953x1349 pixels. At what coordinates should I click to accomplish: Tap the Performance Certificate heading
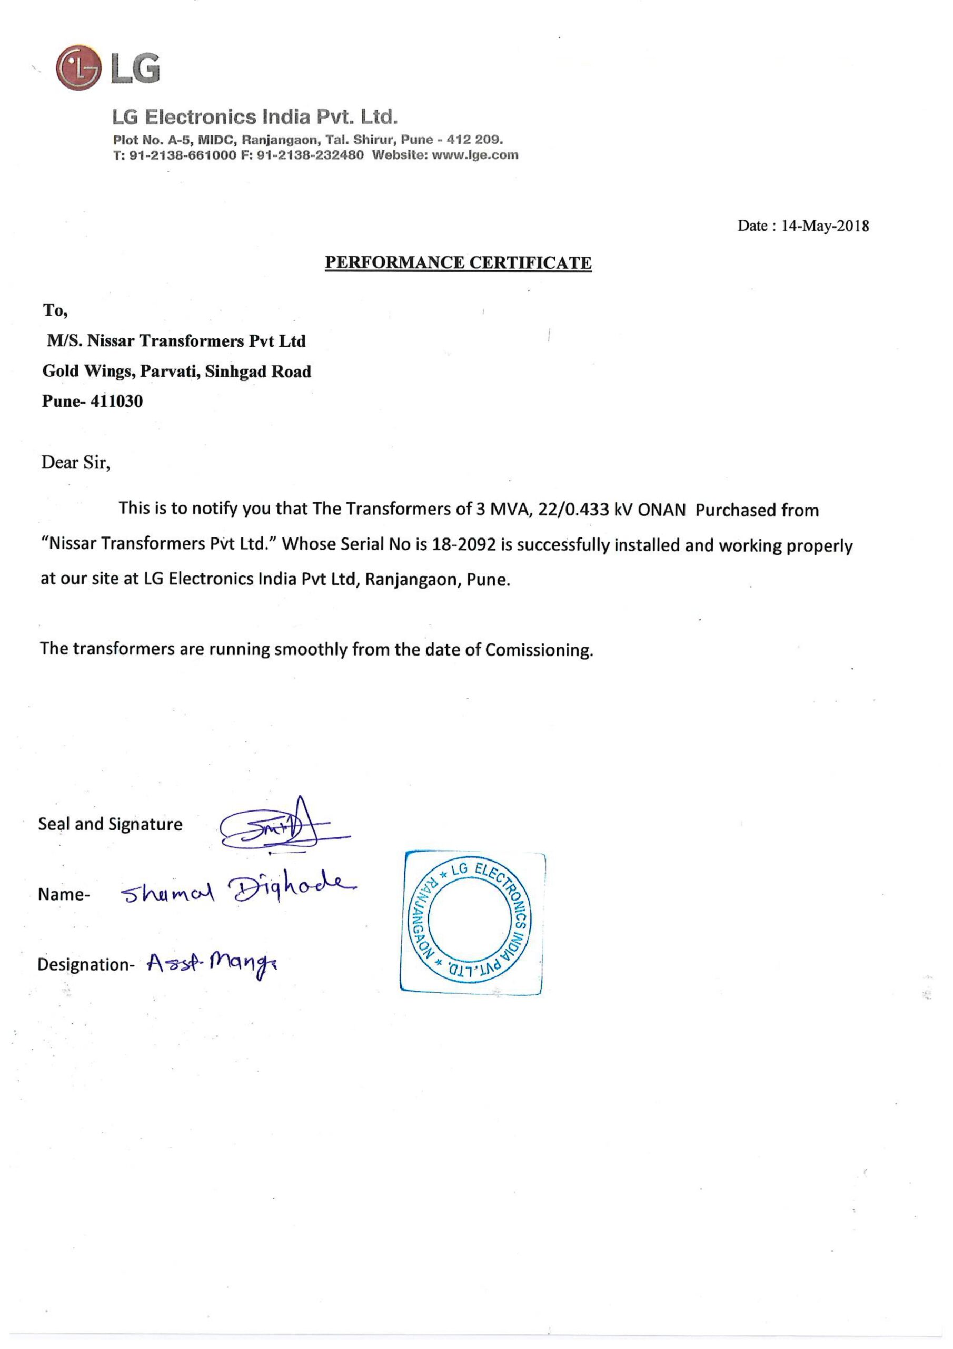[x=458, y=262]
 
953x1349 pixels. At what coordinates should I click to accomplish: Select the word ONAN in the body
[x=661, y=510]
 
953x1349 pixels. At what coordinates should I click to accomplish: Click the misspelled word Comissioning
[x=539, y=650]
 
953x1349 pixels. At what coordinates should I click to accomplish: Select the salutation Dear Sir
[x=76, y=463]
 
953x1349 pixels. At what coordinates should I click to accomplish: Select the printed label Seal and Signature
[x=111, y=824]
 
